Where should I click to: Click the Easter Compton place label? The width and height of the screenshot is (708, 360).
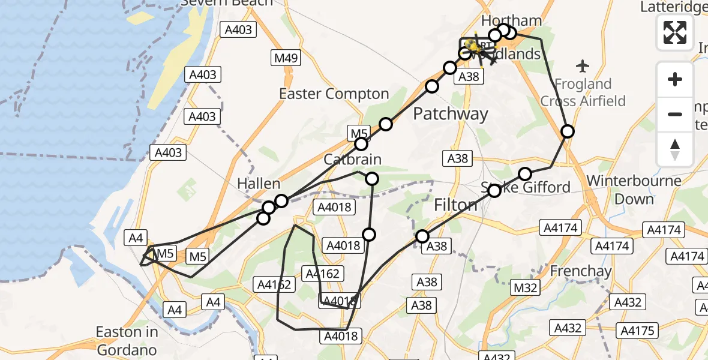pyautogui.click(x=334, y=94)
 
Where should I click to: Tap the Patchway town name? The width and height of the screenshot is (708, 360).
pyautogui.click(x=451, y=113)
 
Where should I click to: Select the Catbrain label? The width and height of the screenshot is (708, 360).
pyautogui.click(x=352, y=160)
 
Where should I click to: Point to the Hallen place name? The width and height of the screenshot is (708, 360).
pyautogui.click(x=259, y=184)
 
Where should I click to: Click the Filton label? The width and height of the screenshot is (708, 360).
pyautogui.click(x=456, y=205)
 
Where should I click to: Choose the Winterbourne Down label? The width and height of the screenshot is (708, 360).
pyautogui.click(x=634, y=190)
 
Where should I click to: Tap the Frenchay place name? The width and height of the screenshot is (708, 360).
pyautogui.click(x=581, y=271)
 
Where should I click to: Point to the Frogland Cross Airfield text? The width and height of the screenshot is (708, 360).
pyautogui.click(x=583, y=92)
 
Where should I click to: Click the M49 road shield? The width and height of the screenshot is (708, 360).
pyautogui.click(x=286, y=58)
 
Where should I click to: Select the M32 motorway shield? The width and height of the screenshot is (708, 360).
pyautogui.click(x=526, y=288)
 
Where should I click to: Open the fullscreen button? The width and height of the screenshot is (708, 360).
pyautogui.click(x=675, y=32)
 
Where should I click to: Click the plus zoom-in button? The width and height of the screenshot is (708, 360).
pyautogui.click(x=675, y=79)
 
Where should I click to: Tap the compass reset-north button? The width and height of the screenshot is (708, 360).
pyautogui.click(x=675, y=149)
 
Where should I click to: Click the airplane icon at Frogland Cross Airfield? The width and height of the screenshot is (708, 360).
pyautogui.click(x=582, y=65)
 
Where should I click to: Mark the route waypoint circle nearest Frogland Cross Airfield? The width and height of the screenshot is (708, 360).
pyautogui.click(x=567, y=131)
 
